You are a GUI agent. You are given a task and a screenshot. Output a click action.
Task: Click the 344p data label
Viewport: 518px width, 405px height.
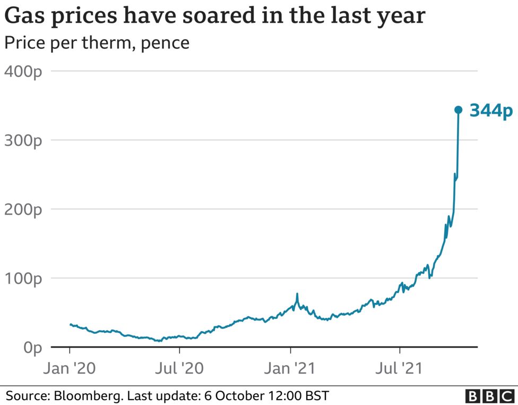pyautogui.click(x=491, y=111)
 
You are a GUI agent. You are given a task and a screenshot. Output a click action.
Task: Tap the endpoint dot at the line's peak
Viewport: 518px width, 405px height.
pyautogui.click(x=458, y=110)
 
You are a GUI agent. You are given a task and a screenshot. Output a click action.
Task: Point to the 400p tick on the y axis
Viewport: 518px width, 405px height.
pyautogui.click(x=23, y=72)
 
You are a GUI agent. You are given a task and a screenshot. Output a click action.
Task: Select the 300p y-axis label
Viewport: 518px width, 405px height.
pyautogui.click(x=23, y=141)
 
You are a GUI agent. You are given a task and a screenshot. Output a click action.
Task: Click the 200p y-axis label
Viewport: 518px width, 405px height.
pyautogui.click(x=23, y=209)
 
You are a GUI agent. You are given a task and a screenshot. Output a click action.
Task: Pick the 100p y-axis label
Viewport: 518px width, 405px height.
pyautogui.click(x=23, y=279)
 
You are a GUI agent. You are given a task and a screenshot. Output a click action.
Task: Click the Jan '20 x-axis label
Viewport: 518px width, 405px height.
pyautogui.click(x=70, y=368)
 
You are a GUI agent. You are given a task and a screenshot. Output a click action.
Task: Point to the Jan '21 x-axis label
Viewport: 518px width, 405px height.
pyautogui.click(x=290, y=368)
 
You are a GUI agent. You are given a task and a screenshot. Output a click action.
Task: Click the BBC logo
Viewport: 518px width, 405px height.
pyautogui.click(x=489, y=396)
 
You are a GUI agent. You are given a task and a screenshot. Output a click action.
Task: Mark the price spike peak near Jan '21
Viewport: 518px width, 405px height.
pyautogui.click(x=297, y=294)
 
